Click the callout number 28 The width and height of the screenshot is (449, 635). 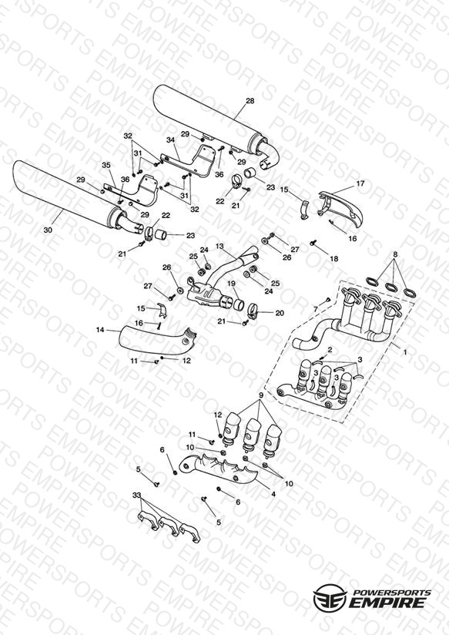250,101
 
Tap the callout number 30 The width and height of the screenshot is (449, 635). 48,230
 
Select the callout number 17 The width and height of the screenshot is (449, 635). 360,183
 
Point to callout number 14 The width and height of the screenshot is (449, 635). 100,330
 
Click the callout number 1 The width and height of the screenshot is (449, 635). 405,353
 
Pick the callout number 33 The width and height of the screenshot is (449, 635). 136,496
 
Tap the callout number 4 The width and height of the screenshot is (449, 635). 273,494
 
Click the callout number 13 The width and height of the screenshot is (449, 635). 219,247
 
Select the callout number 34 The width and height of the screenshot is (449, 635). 170,140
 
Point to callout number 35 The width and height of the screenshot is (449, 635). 106,165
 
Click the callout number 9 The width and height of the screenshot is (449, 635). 261,395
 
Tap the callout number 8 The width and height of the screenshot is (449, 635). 395,254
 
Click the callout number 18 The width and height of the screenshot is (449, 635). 333,258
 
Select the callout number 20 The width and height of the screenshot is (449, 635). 280,313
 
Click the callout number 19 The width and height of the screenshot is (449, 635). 231,284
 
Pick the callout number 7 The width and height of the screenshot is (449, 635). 316,309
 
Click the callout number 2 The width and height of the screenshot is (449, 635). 330,349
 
